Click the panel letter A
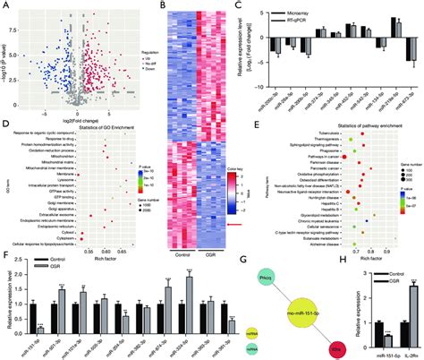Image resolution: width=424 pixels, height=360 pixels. [x=4, y=5]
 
